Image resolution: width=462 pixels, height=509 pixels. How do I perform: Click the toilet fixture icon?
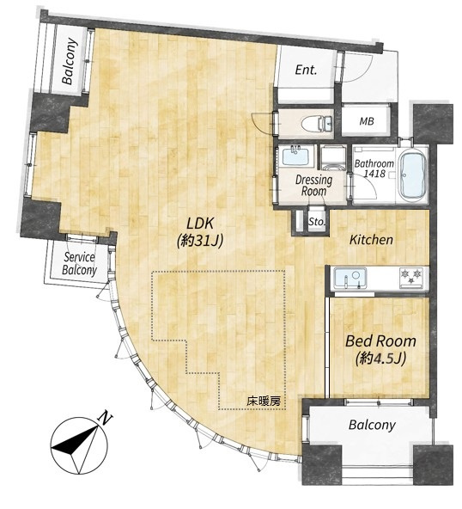click(317, 123)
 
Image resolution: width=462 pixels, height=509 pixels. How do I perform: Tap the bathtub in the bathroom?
click(412, 175)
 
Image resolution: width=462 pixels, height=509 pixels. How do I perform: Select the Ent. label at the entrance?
click(306, 70)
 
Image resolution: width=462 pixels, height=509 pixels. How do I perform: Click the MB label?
click(367, 121)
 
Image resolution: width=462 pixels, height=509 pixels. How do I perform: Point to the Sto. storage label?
click(316, 222)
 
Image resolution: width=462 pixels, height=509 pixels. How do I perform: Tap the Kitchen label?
click(371, 240)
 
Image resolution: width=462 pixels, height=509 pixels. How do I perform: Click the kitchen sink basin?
click(350, 278)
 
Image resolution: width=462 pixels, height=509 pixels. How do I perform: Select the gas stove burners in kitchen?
click(412, 276)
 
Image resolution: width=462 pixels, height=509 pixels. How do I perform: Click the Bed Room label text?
click(380, 341)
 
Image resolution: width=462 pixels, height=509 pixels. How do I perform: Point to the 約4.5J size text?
click(380, 359)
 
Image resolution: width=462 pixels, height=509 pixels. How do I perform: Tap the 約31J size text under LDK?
click(200, 241)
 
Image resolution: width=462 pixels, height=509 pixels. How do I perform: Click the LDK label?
click(200, 224)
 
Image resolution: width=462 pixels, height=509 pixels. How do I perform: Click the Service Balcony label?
click(79, 264)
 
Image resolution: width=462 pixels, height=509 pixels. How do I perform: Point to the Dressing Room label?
click(313, 186)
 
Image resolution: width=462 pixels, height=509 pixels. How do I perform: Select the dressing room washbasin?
click(295, 156)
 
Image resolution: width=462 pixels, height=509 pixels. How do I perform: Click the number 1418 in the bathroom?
click(374, 174)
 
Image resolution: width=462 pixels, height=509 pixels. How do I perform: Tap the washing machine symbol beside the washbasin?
click(335, 157)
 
